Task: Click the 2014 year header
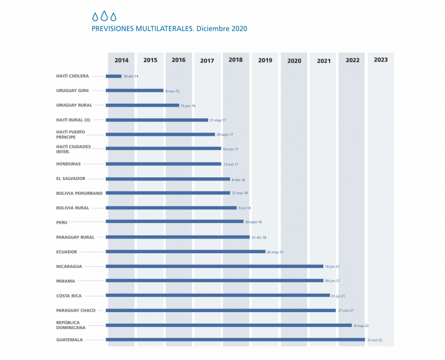pyautogui.click(x=121, y=61)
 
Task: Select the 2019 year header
pyautogui.click(x=265, y=61)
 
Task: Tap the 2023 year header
pyautogui.click(x=381, y=60)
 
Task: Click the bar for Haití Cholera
pyautogui.click(x=114, y=76)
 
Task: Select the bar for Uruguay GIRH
pyautogui.click(x=135, y=91)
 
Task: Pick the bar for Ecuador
pyautogui.click(x=185, y=252)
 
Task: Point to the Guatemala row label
pyautogui.click(x=70, y=340)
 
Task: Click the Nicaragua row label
pyautogui.click(x=70, y=266)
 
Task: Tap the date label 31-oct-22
pyautogui.click(x=374, y=340)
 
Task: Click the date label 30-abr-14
pyautogui.click(x=131, y=76)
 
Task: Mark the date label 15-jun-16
pyautogui.click(x=188, y=106)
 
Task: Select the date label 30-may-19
pyautogui.click(x=275, y=252)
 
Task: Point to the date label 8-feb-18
pyautogui.click(x=238, y=179)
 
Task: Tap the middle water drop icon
pyautogui.click(x=104, y=16)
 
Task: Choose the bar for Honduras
pyautogui.click(x=163, y=164)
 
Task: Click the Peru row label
pyautogui.click(x=62, y=223)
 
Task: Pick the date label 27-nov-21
pyautogui.click(x=345, y=311)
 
